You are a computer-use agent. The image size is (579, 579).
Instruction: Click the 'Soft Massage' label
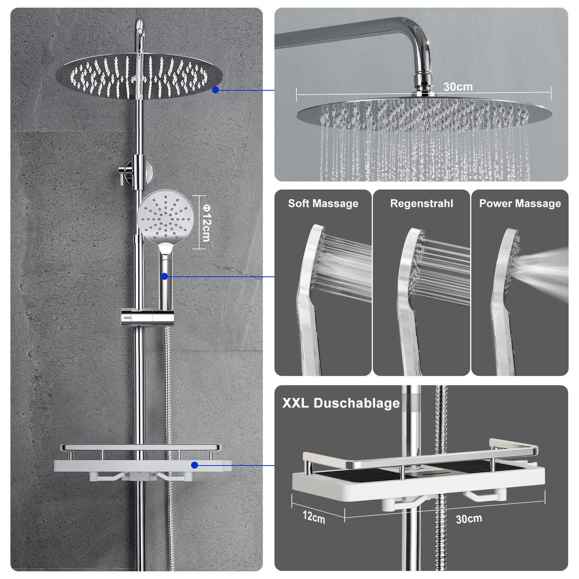point(323,204)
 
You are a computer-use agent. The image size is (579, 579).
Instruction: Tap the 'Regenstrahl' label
point(422,204)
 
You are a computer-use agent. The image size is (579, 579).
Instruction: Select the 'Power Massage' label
point(520,204)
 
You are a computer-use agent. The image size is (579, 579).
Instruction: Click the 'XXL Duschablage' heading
point(341,403)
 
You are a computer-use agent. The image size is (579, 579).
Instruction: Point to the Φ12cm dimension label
point(207,223)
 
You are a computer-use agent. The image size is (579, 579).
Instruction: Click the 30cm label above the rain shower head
point(458,87)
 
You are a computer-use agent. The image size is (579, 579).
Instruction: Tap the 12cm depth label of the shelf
point(314,516)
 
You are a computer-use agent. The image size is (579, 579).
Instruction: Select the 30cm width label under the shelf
point(469,519)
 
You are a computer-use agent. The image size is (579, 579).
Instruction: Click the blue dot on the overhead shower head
point(215,90)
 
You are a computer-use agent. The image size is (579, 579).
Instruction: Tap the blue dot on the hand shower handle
point(164,276)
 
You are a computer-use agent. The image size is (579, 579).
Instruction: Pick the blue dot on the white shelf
point(194,466)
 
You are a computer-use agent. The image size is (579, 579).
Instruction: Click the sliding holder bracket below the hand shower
point(147,317)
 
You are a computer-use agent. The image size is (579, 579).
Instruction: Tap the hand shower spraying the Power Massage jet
point(505,301)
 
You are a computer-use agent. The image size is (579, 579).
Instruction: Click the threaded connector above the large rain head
point(424,85)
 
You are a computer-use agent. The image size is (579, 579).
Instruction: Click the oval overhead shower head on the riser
point(139,76)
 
